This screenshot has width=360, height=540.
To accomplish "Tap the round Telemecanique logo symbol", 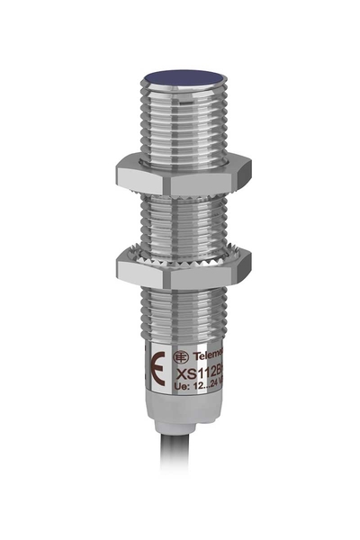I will click(x=179, y=356).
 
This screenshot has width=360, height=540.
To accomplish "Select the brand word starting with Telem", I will click(x=203, y=355).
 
